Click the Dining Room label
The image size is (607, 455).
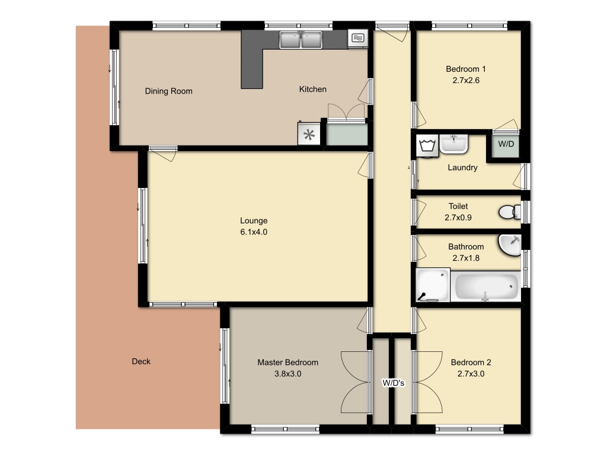(168, 91)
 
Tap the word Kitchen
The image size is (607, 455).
(313, 89)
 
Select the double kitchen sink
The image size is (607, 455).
(301, 40)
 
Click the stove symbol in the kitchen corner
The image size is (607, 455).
(357, 38)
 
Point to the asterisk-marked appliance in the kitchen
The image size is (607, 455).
(309, 134)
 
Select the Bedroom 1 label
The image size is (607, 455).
(466, 69)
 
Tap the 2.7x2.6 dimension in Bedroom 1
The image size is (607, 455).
(466, 80)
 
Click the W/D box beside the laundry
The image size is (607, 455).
(506, 145)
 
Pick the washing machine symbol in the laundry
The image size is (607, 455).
(427, 146)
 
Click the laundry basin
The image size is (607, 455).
(453, 143)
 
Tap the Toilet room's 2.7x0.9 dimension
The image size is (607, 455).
(458, 217)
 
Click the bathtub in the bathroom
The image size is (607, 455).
(486, 286)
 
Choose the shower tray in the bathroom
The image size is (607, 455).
(433, 285)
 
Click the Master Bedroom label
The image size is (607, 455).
(287, 362)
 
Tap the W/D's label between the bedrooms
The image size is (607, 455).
(394, 383)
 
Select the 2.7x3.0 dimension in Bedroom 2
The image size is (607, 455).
(471, 374)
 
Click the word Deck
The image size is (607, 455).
(141, 361)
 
